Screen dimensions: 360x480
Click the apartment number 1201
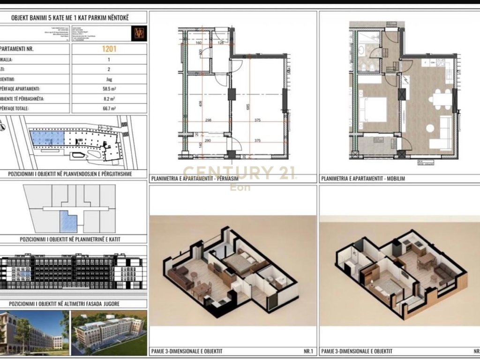click(109, 48)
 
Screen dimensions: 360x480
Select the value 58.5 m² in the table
click(109, 89)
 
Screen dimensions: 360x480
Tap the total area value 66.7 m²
click(109, 109)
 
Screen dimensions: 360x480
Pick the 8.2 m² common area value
click(109, 99)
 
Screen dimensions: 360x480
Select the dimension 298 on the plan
click(209, 120)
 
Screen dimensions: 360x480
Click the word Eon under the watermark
click(240, 187)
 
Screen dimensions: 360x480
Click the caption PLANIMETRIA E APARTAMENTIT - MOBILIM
click(362, 179)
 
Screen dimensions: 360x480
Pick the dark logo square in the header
click(139, 32)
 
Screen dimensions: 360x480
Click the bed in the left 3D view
click(240, 262)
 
